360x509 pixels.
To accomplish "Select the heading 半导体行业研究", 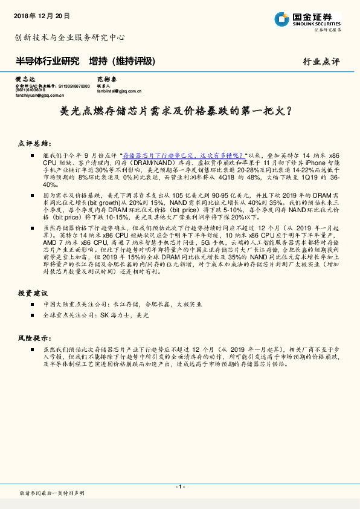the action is (47, 61).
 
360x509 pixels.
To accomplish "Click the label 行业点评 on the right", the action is (321, 62).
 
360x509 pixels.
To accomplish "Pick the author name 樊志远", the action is (25, 80).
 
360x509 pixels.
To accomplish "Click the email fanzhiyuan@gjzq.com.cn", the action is (40, 95).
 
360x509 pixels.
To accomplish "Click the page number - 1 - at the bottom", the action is (179, 487).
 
